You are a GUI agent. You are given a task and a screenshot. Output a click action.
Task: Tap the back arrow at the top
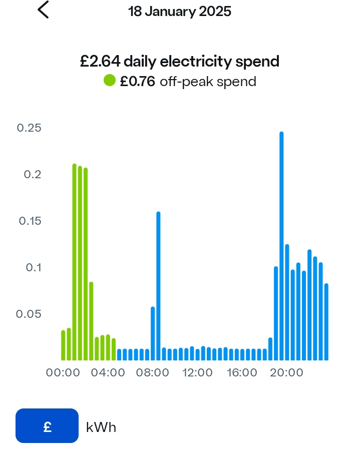tap(44, 10)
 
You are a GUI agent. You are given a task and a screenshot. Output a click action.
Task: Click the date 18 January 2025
tap(180, 12)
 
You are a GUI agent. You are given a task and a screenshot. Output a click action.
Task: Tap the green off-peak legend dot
tap(110, 80)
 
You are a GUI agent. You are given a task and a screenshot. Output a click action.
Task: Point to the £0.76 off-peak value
tap(137, 81)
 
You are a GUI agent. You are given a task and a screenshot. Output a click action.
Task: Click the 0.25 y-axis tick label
tap(29, 128)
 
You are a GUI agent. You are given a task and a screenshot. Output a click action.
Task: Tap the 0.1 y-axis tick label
tap(33, 267)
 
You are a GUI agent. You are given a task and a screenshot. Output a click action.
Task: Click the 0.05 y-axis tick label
tap(29, 314)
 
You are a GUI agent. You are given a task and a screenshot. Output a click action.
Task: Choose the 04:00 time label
tap(108, 373)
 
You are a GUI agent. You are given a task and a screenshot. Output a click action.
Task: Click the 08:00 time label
tap(152, 373)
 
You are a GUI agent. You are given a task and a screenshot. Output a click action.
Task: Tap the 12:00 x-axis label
tap(197, 373)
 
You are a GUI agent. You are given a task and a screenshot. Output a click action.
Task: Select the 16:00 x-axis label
tap(241, 373)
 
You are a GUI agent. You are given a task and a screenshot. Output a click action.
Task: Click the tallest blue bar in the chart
tap(281, 245)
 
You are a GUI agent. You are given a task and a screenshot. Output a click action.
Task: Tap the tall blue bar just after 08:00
tap(158, 285)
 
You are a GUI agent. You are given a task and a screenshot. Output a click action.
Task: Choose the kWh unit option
tap(101, 427)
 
